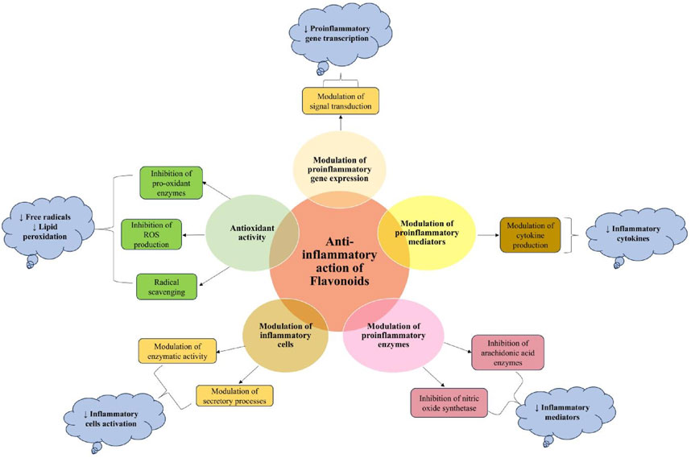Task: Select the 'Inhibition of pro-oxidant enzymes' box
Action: click(x=170, y=182)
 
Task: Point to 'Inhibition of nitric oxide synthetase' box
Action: click(x=450, y=402)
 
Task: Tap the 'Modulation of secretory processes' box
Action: click(x=234, y=395)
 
